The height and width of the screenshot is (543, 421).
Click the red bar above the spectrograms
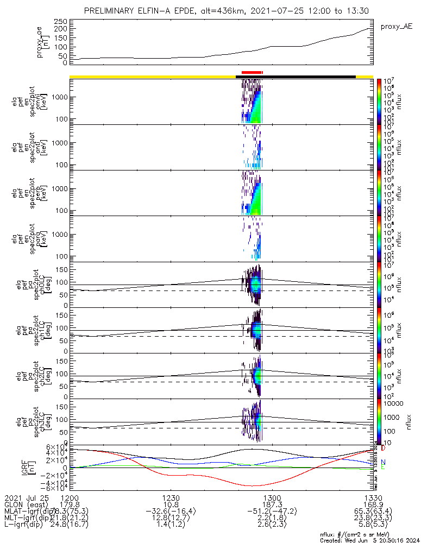(x=252, y=72)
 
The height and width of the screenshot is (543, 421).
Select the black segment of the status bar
(x=296, y=77)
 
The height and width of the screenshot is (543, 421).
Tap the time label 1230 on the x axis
(x=171, y=497)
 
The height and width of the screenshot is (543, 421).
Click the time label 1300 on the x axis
(x=272, y=497)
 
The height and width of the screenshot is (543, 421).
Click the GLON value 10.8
(x=171, y=504)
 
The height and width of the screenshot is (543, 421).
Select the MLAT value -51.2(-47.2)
(x=272, y=511)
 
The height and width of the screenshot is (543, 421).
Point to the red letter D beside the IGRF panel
(x=383, y=449)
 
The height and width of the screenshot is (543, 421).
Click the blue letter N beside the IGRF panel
(x=383, y=462)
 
